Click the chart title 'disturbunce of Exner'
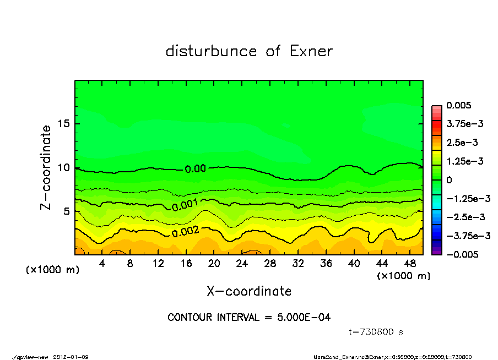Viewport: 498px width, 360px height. (x=249, y=51)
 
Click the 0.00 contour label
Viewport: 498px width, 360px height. (x=195, y=169)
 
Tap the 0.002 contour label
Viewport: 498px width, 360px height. (x=185, y=232)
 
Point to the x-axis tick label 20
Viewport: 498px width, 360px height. (x=214, y=264)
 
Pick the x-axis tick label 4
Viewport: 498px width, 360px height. (x=102, y=264)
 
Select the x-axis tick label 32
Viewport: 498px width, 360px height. (x=298, y=264)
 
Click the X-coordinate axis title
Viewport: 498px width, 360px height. (x=249, y=291)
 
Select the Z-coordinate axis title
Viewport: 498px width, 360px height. (x=46, y=167)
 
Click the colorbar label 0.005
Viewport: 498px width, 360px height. (x=459, y=105)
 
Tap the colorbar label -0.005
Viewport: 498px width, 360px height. (x=462, y=254)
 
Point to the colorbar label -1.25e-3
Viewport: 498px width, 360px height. (x=468, y=198)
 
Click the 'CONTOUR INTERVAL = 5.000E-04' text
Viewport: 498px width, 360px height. (x=249, y=318)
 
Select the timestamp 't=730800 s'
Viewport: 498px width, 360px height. (x=376, y=332)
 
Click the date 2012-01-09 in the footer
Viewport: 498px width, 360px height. (x=71, y=357)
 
